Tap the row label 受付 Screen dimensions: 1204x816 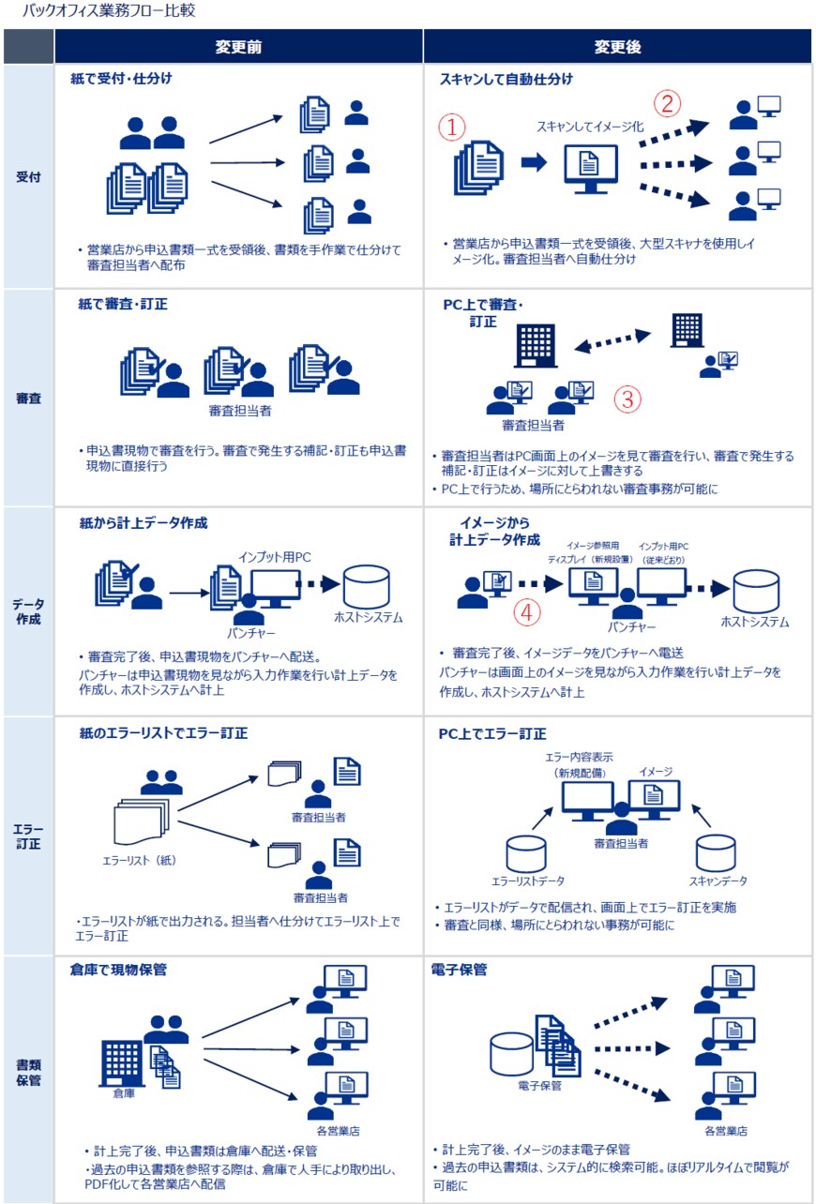[28, 176]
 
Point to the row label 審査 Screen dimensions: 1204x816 [28, 399]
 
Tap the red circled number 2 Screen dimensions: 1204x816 [667, 102]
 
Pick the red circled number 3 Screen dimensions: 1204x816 [627, 399]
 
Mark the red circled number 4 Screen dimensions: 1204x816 [529, 612]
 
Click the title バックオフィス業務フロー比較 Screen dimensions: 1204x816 [109, 11]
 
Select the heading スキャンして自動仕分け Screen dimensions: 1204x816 [506, 80]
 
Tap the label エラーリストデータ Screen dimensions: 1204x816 [528, 881]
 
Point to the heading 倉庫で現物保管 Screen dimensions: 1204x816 [118, 970]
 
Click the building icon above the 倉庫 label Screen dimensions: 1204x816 [120, 1060]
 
